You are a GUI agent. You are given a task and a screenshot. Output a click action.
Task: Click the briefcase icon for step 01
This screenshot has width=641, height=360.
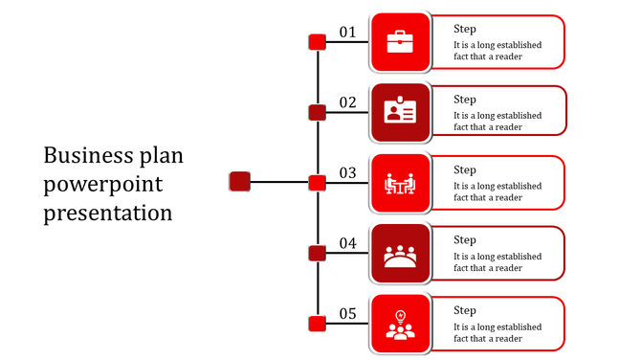coord(400,42)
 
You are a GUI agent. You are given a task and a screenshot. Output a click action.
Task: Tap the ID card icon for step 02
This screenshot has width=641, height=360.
coord(400,112)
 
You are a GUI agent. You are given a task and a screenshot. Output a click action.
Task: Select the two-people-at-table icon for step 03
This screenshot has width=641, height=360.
coord(400,183)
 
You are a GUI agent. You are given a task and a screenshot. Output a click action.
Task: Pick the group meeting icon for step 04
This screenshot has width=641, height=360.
coord(400,254)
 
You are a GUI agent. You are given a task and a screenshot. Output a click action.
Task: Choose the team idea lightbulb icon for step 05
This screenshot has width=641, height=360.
coord(400,325)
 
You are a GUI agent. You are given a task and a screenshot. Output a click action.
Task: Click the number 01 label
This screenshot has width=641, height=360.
coord(347,33)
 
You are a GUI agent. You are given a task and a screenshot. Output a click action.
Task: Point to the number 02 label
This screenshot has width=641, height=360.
coord(347,102)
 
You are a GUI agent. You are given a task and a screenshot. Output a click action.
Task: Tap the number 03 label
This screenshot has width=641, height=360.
coord(347,173)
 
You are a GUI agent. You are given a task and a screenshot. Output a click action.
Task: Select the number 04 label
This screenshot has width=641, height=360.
coord(347,244)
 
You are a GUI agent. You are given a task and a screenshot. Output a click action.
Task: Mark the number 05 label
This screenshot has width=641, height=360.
coord(347,314)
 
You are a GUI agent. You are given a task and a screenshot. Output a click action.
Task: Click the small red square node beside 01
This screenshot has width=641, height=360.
coord(318,42)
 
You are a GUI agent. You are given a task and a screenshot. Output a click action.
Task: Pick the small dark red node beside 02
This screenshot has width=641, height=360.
coord(318,113)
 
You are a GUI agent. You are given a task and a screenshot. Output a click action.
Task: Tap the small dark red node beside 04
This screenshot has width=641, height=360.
coord(318,254)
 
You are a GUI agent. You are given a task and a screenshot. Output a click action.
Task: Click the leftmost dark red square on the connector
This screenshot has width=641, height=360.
coord(240,182)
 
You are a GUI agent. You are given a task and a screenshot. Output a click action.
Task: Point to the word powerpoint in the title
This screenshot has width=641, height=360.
coord(103,184)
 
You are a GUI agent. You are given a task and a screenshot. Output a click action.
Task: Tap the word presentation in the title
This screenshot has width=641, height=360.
coord(108,212)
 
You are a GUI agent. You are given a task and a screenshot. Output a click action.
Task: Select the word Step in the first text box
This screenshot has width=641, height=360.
coord(465,29)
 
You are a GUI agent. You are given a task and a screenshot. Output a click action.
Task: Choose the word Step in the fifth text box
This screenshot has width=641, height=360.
coord(465,310)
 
